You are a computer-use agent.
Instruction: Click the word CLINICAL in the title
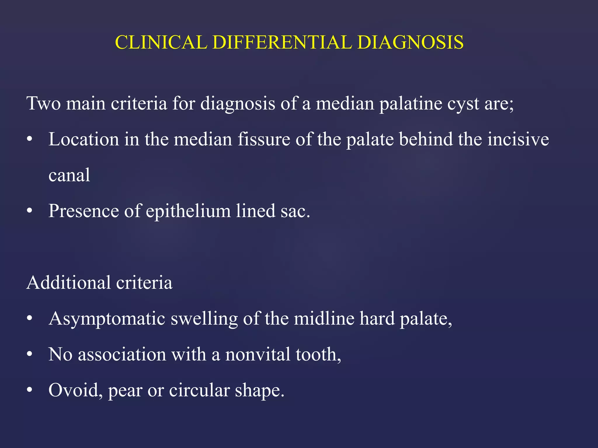(x=161, y=42)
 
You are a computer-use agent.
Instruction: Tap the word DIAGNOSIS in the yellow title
(x=410, y=42)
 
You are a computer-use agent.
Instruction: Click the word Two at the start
(x=44, y=103)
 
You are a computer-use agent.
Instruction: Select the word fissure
(x=264, y=139)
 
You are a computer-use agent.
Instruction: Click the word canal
(x=69, y=175)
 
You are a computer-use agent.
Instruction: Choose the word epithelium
(x=188, y=211)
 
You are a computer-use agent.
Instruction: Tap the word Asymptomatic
(x=107, y=319)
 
